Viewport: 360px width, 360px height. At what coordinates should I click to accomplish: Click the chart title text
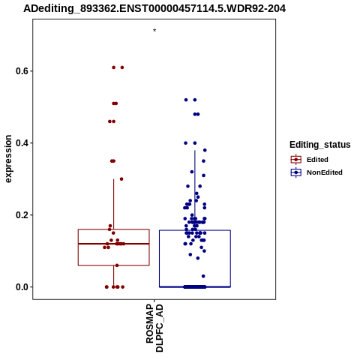pyautogui.click(x=154, y=8)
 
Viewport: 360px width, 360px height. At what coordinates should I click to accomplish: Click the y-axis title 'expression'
pyautogui.click(x=8, y=159)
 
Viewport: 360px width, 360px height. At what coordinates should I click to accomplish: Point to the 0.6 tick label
pyautogui.click(x=21, y=71)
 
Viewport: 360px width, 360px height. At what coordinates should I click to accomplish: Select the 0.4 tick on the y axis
pyautogui.click(x=21, y=143)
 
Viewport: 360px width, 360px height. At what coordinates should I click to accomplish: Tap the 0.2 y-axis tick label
pyautogui.click(x=21, y=215)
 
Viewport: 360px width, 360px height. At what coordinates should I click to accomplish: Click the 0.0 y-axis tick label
pyautogui.click(x=21, y=287)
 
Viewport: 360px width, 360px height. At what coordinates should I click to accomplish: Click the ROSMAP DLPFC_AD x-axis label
pyautogui.click(x=154, y=328)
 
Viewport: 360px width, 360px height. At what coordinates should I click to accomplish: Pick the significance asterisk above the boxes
pyautogui.click(x=154, y=31)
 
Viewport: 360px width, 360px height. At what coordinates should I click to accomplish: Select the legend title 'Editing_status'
pyautogui.click(x=320, y=145)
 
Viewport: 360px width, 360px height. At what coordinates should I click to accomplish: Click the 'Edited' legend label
pyautogui.click(x=317, y=160)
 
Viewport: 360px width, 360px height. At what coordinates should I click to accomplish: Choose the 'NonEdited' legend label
pyautogui.click(x=325, y=172)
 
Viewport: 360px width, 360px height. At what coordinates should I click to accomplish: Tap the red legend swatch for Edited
pyautogui.click(x=296, y=160)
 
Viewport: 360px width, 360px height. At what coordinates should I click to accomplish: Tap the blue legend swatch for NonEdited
pyautogui.click(x=296, y=172)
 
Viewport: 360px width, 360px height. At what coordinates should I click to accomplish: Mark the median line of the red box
pyautogui.click(x=114, y=244)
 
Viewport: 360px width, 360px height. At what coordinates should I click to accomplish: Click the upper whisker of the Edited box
pyautogui.click(x=114, y=204)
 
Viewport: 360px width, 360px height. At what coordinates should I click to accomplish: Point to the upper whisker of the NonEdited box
pyautogui.click(x=195, y=190)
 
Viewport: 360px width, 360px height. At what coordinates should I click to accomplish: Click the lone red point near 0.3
pyautogui.click(x=121, y=179)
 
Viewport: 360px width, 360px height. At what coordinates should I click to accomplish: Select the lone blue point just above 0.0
pyautogui.click(x=203, y=276)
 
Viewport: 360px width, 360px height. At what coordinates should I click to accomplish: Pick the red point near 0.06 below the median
pyautogui.click(x=117, y=265)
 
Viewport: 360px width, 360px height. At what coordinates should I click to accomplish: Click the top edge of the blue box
pyautogui.click(x=195, y=230)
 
